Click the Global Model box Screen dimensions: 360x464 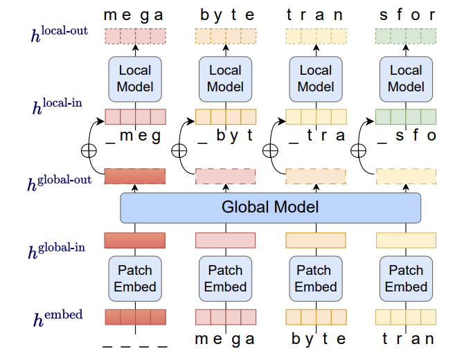point(270,207)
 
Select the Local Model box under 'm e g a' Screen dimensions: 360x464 point(135,78)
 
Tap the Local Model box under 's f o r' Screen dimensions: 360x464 point(406,78)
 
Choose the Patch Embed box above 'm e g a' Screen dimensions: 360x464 point(225,278)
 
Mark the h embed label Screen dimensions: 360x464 point(58,319)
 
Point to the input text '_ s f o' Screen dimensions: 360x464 point(406,136)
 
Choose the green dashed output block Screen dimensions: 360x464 point(406,35)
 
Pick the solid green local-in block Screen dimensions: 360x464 point(406,116)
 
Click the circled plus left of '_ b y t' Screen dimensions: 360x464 point(179,150)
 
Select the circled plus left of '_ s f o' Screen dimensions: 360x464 point(359,150)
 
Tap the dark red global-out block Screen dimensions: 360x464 point(135,176)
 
